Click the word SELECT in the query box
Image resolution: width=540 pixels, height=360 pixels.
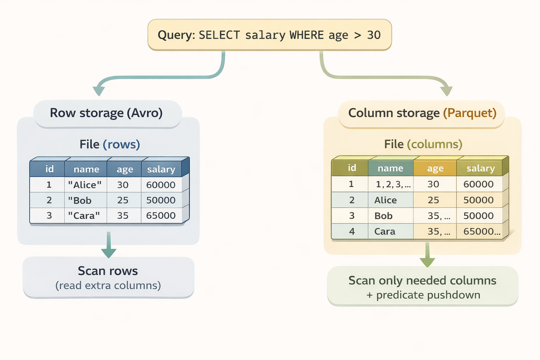pos(219,35)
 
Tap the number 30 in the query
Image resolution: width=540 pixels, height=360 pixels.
pos(374,35)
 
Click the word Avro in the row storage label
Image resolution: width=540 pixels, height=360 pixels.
pos(144,113)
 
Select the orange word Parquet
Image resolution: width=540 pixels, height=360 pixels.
pos(470,113)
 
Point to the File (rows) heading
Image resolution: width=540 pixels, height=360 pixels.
pos(110,144)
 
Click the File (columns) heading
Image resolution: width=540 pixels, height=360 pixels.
pos(423,144)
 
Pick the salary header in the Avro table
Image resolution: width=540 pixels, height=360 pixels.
pos(161,169)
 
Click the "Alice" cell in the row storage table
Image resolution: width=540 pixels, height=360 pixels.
pos(85,185)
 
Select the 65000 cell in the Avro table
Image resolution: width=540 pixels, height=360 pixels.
pos(161,216)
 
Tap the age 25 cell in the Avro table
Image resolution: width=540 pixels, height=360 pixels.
pos(123,200)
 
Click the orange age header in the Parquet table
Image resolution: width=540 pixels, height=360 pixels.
pos(435,169)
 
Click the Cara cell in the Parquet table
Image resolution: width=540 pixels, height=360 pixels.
pos(385,232)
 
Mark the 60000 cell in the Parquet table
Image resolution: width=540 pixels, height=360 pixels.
pos(478,184)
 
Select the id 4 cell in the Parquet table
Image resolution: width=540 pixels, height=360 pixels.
pos(352,232)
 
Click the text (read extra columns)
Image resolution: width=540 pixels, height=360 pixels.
pos(108,285)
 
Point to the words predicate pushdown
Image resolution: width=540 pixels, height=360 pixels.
pos(428,295)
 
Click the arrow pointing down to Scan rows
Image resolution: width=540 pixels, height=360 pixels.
pos(109,246)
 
